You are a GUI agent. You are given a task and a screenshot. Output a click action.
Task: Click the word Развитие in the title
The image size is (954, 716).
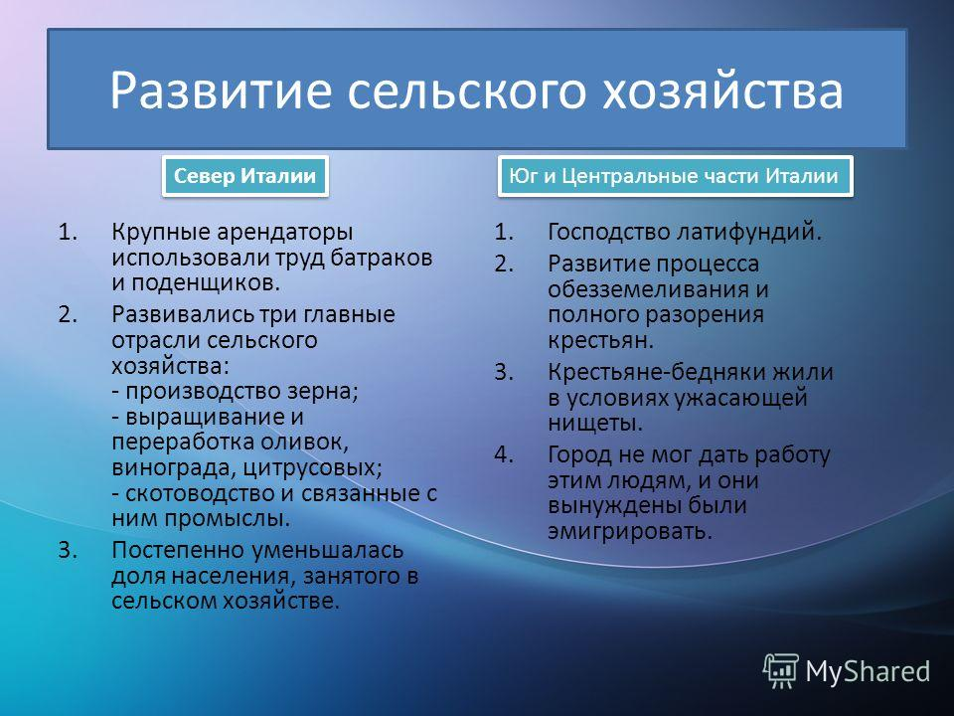coord(221,90)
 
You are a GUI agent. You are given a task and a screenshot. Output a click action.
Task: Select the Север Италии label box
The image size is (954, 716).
coord(245,176)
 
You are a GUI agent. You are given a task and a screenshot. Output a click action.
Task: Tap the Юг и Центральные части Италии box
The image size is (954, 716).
coord(675,176)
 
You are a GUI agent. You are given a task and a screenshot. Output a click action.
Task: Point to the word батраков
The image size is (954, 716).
coord(382,258)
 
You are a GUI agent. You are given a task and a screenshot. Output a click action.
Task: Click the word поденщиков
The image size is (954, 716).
coord(206,283)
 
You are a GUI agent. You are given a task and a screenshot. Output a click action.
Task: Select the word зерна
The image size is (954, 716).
coord(325,390)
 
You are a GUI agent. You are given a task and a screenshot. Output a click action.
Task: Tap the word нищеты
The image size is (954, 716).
coord(595,423)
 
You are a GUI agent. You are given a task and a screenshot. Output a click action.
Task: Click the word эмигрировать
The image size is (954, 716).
coord(630,531)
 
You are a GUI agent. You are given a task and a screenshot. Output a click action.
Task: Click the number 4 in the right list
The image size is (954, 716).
coord(503,454)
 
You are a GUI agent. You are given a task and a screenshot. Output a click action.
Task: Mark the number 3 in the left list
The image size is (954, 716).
coord(67,550)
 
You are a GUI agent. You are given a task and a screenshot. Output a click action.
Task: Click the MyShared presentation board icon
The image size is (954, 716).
coord(781,670)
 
